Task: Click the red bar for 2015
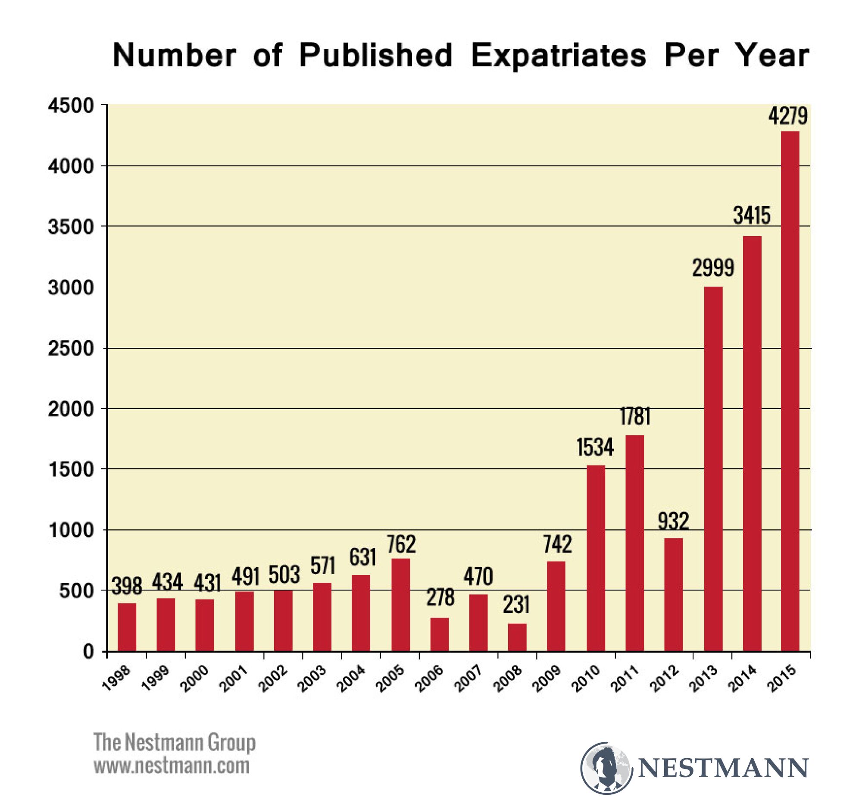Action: [790, 390]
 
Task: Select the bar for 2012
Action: [673, 594]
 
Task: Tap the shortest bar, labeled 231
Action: [517, 637]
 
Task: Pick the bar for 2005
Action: [400, 604]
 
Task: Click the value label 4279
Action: [788, 116]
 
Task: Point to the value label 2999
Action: [713, 268]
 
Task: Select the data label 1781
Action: [635, 416]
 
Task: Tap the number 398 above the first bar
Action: [127, 586]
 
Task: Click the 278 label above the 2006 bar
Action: [440, 597]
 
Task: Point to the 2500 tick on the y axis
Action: [71, 349]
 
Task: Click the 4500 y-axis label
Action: [71, 106]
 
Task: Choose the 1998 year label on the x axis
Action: [116, 677]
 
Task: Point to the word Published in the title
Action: [375, 56]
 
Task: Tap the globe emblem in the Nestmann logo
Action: [606, 768]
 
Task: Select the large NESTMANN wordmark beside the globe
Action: [723, 768]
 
